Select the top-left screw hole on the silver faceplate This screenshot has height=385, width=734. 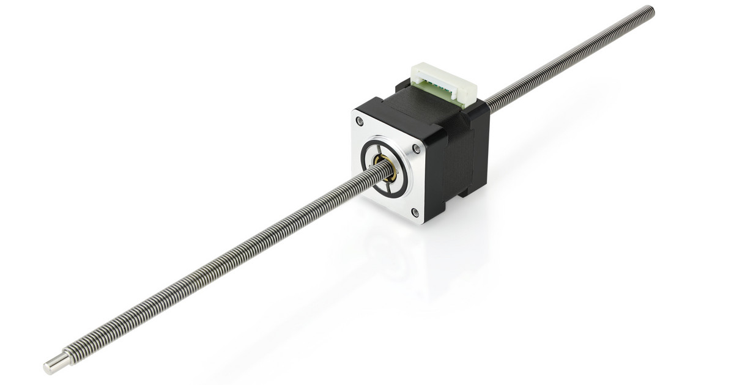point(359,122)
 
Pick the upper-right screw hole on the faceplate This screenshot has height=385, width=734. point(417,148)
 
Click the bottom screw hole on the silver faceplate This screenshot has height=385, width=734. point(415,212)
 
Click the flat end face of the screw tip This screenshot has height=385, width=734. point(46,369)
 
